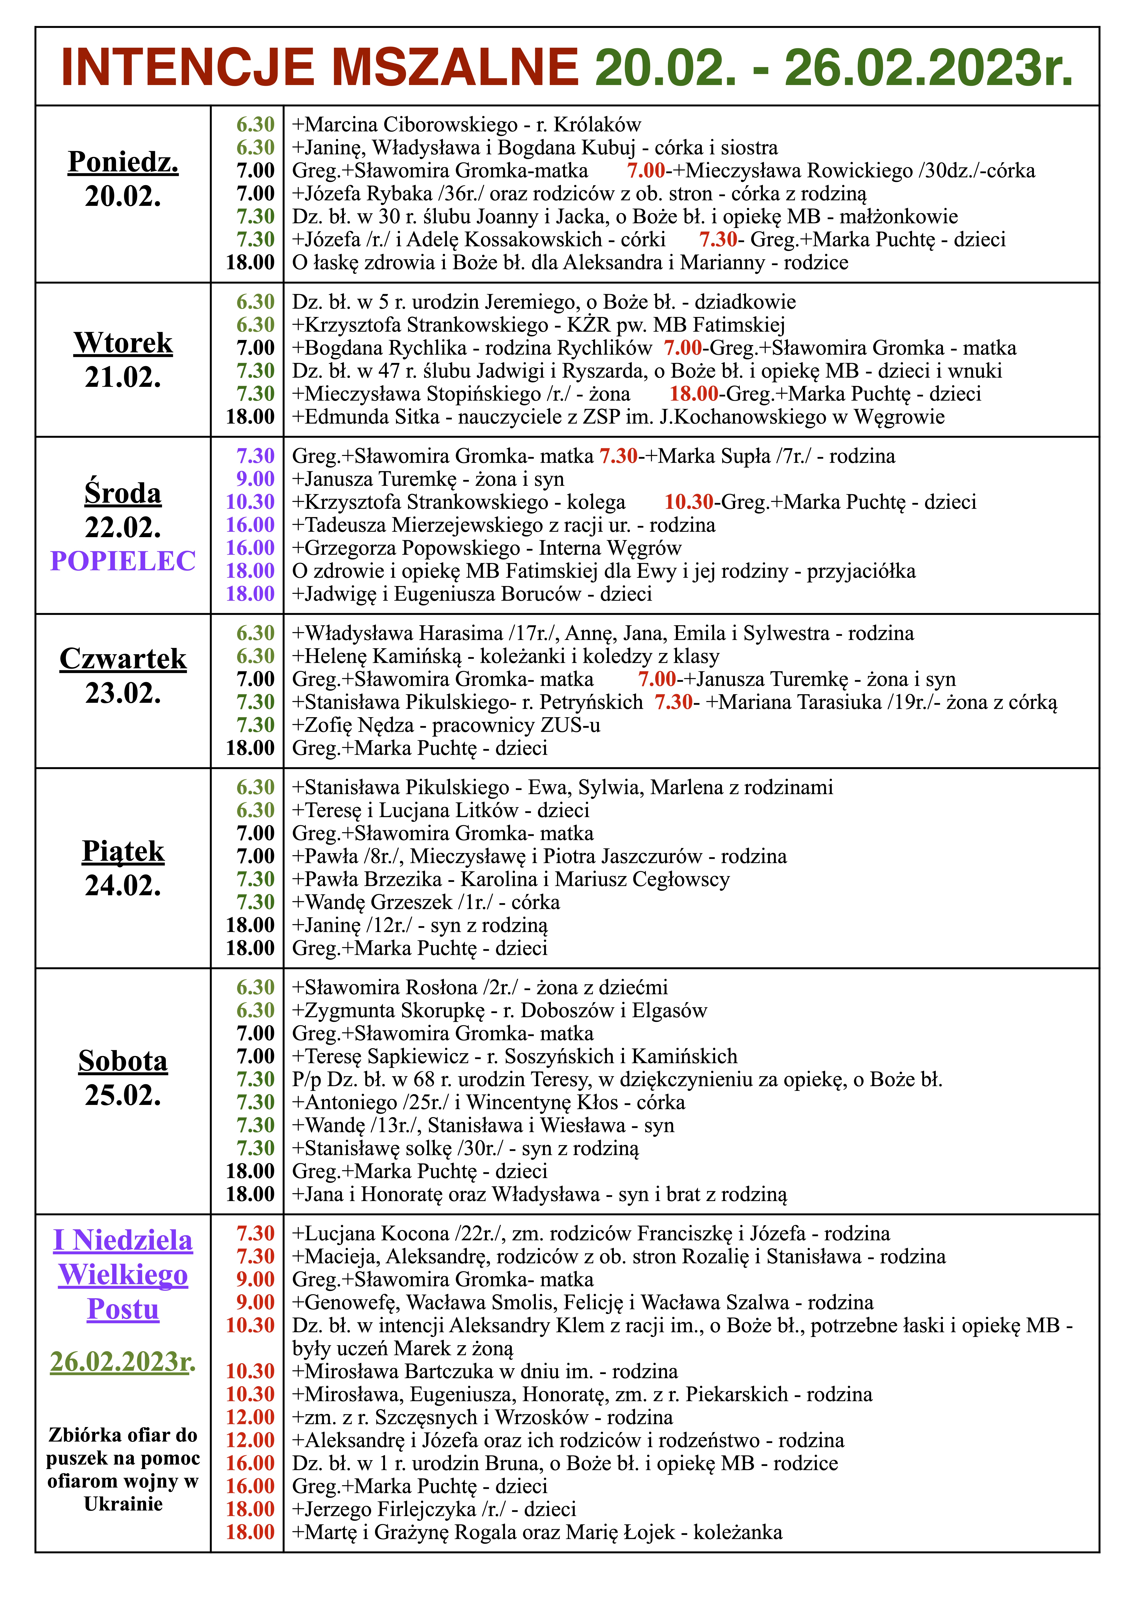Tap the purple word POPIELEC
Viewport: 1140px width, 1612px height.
click(x=123, y=561)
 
